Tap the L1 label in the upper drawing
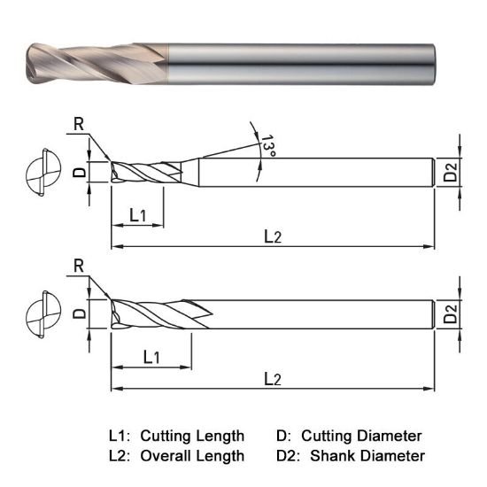click(138, 214)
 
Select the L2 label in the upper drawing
click(274, 236)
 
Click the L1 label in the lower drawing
click(151, 357)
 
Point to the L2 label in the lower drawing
click(274, 378)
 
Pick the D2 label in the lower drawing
click(451, 314)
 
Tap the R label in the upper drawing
click(78, 125)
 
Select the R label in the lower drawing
click(78, 266)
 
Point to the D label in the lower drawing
click(78, 313)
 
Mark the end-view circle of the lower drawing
click(41, 313)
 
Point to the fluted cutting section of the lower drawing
click(159, 313)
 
